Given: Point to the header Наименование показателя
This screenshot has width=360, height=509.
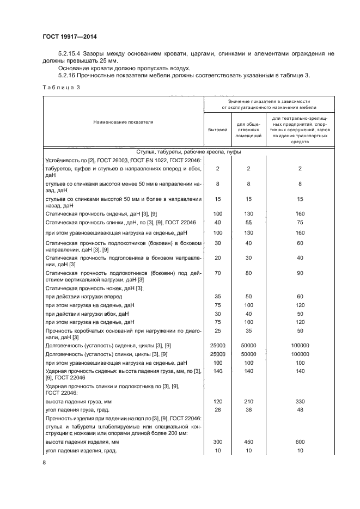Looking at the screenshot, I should click(123, 122).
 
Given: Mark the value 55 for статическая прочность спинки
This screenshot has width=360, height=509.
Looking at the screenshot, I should click(248, 223).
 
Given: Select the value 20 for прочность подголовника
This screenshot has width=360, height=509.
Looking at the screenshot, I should click(218, 258).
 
